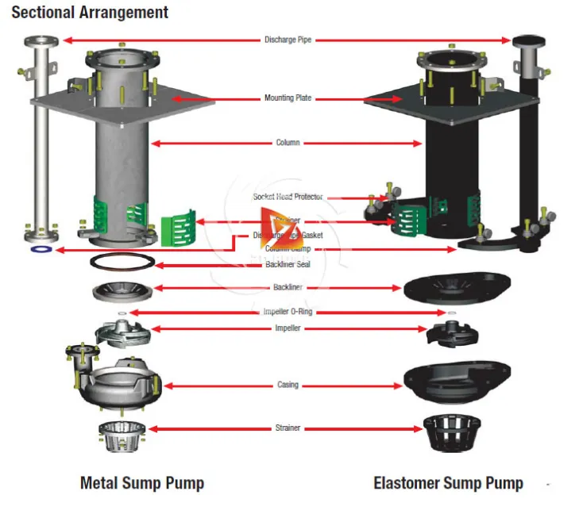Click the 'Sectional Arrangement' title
point(90,13)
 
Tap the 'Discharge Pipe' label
point(288,39)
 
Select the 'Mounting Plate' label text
point(288,98)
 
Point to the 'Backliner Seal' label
point(288,264)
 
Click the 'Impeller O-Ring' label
point(288,312)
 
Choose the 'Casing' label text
point(288,385)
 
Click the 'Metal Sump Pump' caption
point(142,482)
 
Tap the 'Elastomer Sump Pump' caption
point(448,482)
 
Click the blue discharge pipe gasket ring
point(39,250)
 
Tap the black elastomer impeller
point(450,332)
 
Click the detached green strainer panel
point(178,228)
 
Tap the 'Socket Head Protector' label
point(288,197)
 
